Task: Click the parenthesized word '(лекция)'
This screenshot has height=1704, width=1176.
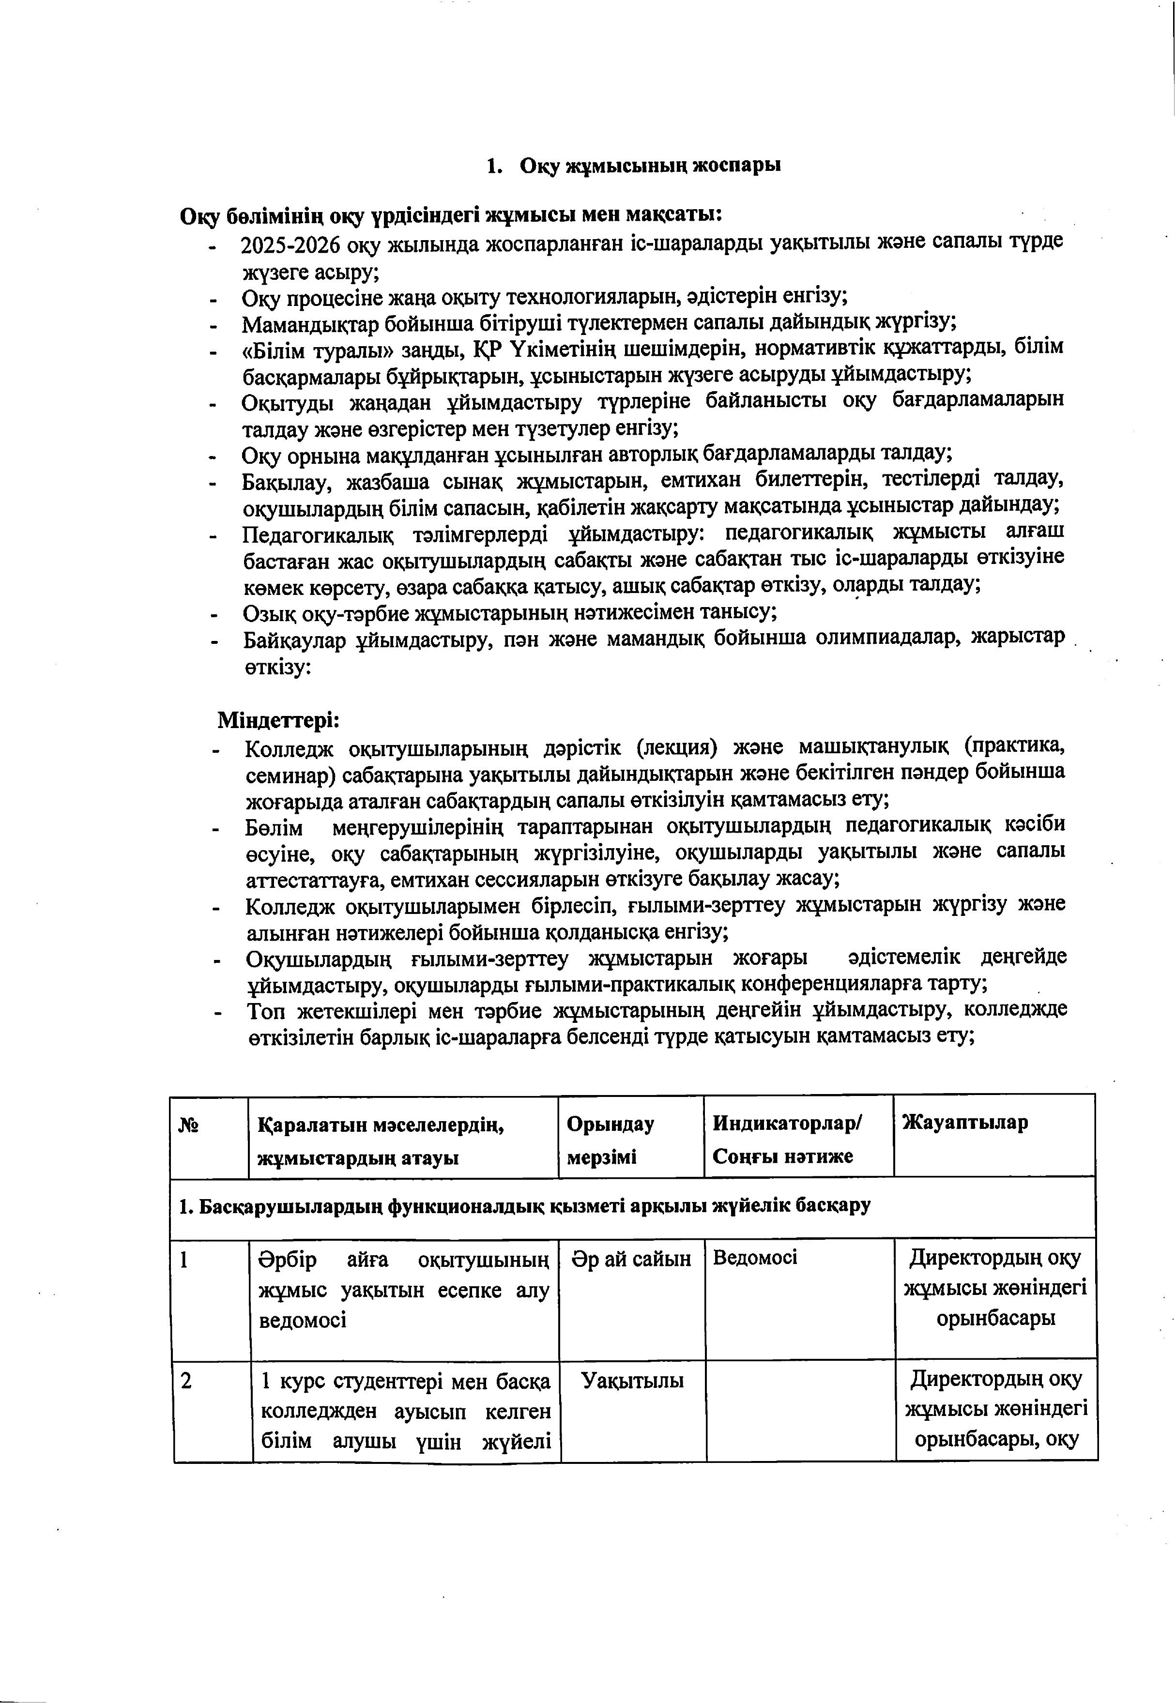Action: pos(676,748)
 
